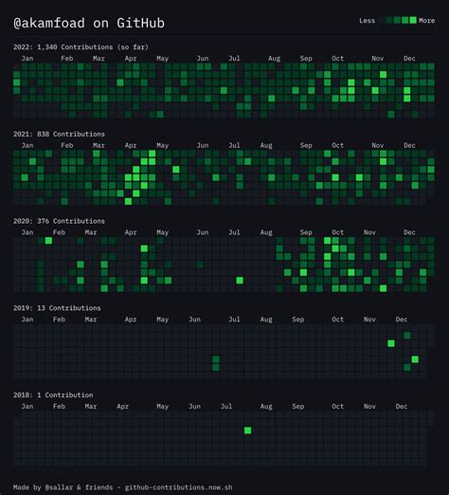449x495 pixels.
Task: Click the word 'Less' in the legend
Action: [x=367, y=20]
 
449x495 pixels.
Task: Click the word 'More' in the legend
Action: [x=427, y=20]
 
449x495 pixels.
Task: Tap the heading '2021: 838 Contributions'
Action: [x=59, y=134]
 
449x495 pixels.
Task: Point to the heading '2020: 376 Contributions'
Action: [x=59, y=221]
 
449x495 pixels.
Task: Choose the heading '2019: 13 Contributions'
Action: [x=56, y=308]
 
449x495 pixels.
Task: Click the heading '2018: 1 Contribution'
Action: [x=54, y=394]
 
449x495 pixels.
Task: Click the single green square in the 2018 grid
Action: [x=247, y=431]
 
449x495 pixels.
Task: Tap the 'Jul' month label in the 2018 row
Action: [x=226, y=406]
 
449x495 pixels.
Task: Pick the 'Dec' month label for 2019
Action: [x=402, y=320]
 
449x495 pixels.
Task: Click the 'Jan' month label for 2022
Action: [x=27, y=59]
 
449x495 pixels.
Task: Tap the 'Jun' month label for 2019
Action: [x=194, y=320]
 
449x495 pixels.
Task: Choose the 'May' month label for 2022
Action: [x=162, y=59]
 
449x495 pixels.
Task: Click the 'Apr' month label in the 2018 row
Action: [x=123, y=406]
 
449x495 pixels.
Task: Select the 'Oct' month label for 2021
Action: [x=338, y=146]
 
